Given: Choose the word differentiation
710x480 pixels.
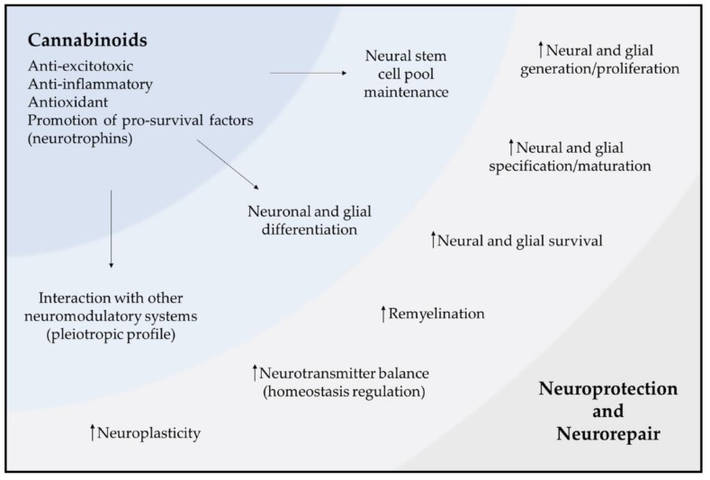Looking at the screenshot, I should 314,229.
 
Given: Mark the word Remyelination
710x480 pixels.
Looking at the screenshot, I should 436,314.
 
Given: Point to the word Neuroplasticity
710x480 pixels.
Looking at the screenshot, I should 148,433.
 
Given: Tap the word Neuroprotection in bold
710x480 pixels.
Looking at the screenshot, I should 607,390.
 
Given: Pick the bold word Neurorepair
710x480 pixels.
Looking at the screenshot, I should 607,433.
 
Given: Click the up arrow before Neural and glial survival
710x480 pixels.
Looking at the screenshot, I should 432,239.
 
